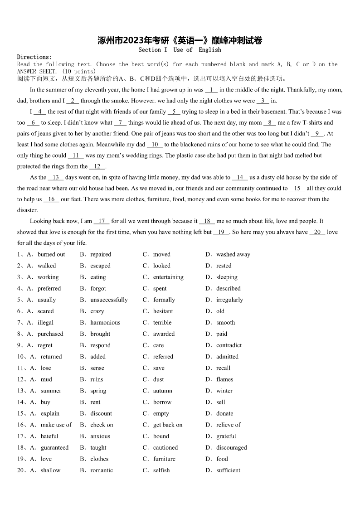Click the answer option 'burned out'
click(51, 254)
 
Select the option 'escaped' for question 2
click(100, 266)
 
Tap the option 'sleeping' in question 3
click(227, 277)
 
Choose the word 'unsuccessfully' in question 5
click(109, 300)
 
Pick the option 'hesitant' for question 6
click(163, 311)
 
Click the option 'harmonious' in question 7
click(105, 322)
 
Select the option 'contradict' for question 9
click(229, 345)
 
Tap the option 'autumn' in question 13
click(162, 391)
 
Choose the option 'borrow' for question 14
click(162, 402)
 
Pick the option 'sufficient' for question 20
click(228, 470)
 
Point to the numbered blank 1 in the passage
click(211, 90)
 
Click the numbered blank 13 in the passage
click(56, 177)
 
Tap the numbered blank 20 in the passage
click(317, 232)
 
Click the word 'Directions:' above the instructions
click(34, 57)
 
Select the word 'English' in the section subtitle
click(210, 50)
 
